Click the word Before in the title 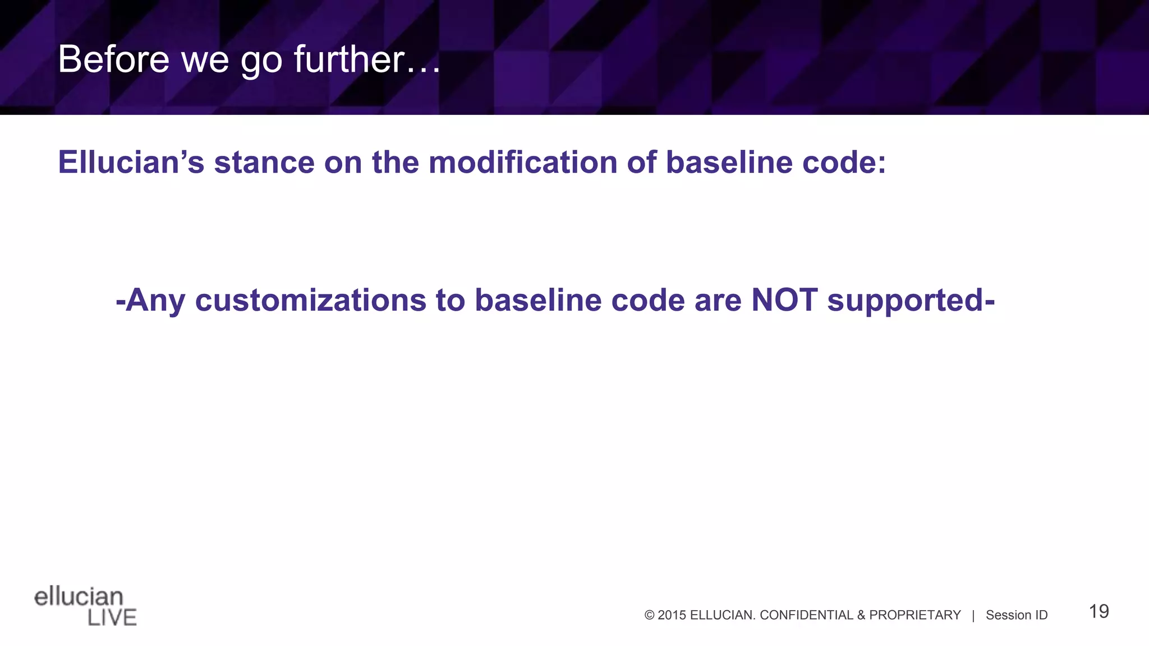pyautogui.click(x=114, y=59)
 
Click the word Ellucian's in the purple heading pyautogui.click(x=131, y=163)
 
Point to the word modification pyautogui.click(x=522, y=163)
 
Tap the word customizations pyautogui.click(x=310, y=300)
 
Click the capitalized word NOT pyautogui.click(x=784, y=300)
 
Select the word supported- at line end pyautogui.click(x=911, y=301)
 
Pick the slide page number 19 pyautogui.click(x=1099, y=611)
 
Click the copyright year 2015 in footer pyautogui.click(x=672, y=615)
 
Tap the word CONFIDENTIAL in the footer pyautogui.click(x=806, y=615)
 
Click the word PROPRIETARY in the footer pyautogui.click(x=914, y=615)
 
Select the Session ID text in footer pyautogui.click(x=1017, y=615)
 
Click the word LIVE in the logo pyautogui.click(x=112, y=617)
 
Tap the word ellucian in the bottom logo pyautogui.click(x=79, y=597)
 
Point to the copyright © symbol pyautogui.click(x=650, y=615)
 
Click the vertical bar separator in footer pyautogui.click(x=973, y=615)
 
